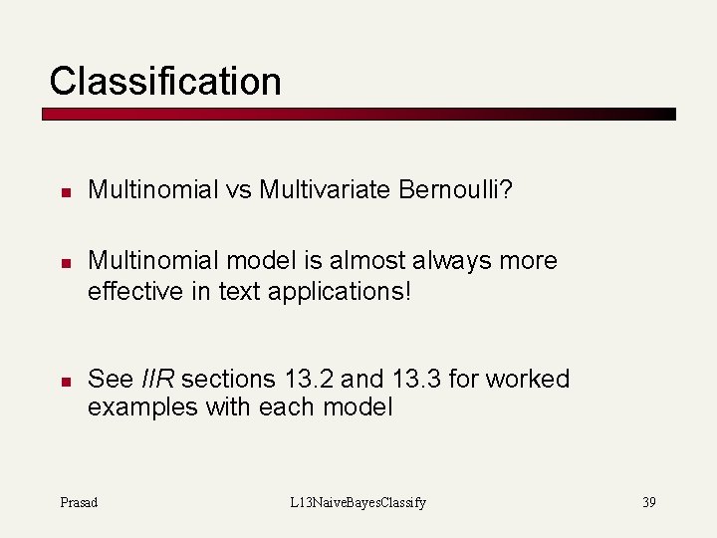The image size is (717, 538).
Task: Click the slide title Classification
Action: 165,81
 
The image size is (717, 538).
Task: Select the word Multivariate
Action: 319,189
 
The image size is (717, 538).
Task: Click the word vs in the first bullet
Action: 239,189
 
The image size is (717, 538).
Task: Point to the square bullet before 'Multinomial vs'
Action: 62,190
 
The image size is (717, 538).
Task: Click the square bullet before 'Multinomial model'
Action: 62,262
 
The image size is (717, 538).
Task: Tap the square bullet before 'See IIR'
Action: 62,381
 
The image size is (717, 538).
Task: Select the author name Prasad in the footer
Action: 79,502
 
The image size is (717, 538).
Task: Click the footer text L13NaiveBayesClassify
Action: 358,502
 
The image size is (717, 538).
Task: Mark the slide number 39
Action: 648,502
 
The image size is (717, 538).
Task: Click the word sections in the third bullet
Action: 229,380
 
